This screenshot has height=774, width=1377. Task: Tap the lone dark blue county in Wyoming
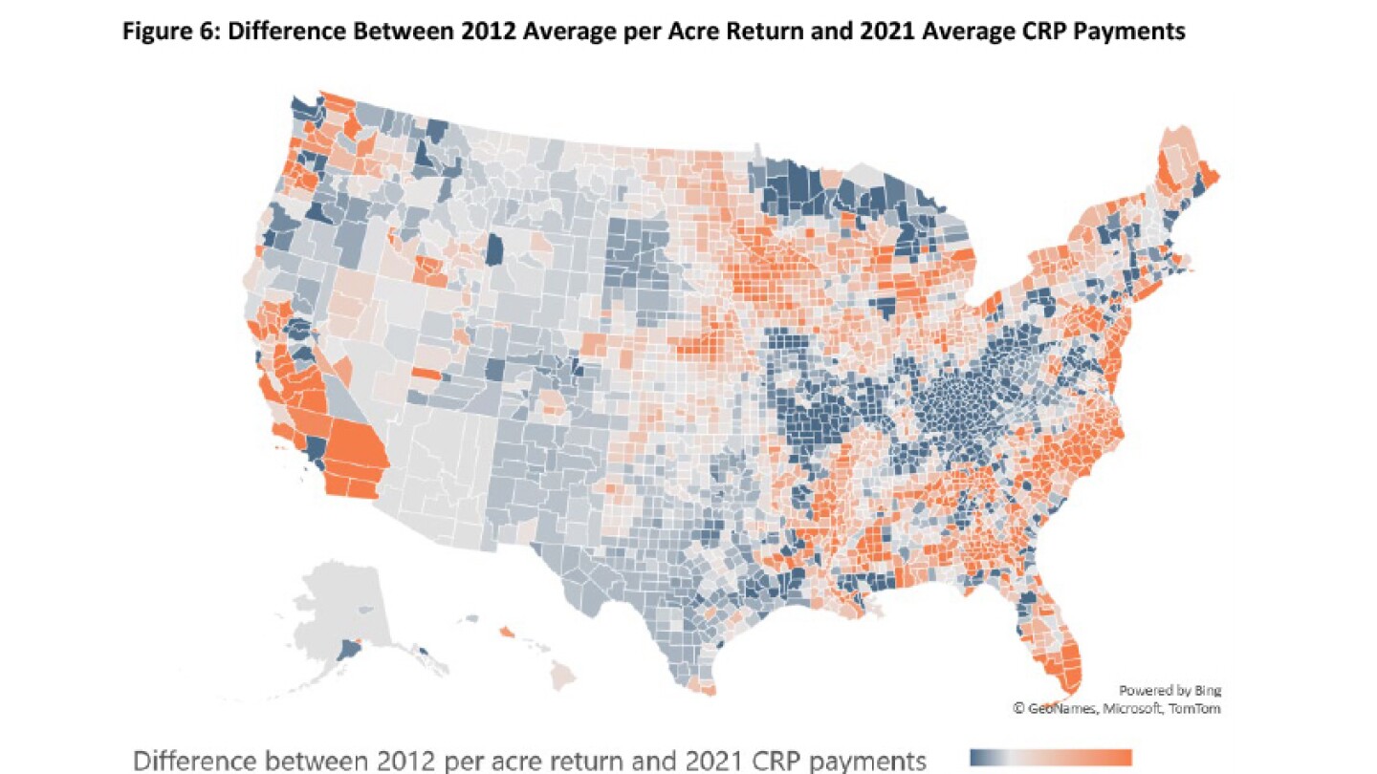(494, 250)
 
